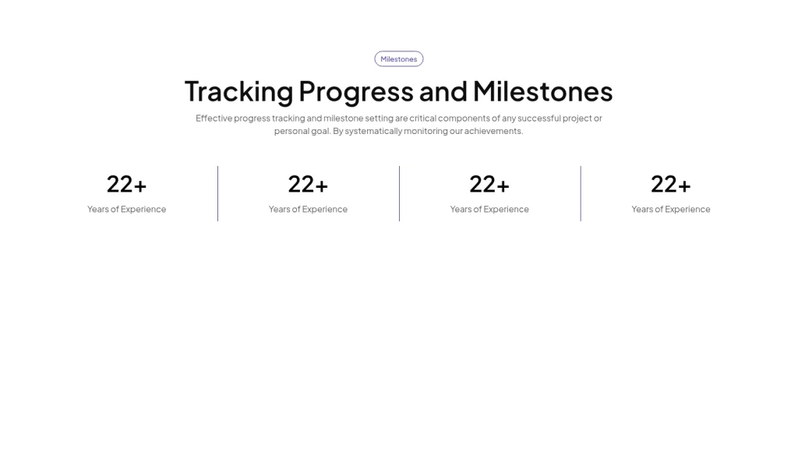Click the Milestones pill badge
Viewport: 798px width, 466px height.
coord(398,59)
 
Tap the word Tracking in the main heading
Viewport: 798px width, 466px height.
coord(238,92)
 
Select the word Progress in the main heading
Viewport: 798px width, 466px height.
coord(355,92)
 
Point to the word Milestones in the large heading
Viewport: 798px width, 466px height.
coord(542,92)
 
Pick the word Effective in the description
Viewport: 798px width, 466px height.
coord(214,118)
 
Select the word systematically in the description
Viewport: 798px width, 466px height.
coord(373,131)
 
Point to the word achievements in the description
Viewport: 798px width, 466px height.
coord(493,131)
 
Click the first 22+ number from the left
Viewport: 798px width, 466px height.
coord(126,184)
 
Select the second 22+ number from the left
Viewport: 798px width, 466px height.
coord(308,184)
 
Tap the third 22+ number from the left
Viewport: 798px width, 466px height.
coord(489,184)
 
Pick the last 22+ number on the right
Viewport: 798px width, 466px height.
coord(671,184)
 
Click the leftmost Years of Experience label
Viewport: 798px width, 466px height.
coord(126,209)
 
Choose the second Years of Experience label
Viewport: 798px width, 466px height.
coord(308,209)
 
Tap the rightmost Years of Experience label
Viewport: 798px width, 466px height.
coord(671,209)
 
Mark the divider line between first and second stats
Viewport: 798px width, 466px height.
coord(217,193)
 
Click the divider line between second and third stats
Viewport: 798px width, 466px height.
coord(399,193)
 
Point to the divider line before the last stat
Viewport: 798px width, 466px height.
coord(581,193)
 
